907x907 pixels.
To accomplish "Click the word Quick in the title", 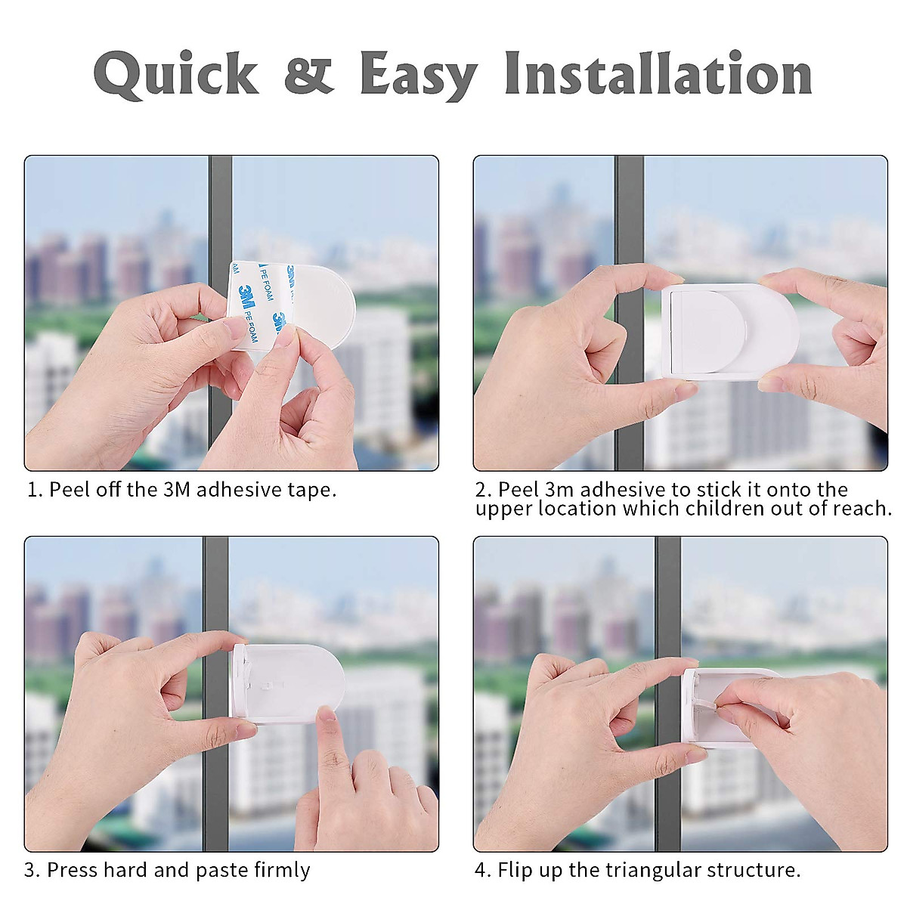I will pos(175,74).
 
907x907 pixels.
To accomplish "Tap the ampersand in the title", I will pos(308,73).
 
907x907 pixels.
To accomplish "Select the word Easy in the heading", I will pos(418,74).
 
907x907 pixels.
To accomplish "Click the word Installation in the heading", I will pos(658,73).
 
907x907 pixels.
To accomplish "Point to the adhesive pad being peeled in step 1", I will pos(302,302).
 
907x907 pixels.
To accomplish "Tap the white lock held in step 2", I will pos(729,331).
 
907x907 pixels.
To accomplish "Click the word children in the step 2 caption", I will pos(726,509).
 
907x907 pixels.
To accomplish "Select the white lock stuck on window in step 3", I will pos(291,683).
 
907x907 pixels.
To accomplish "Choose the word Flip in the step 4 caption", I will pos(514,870).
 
